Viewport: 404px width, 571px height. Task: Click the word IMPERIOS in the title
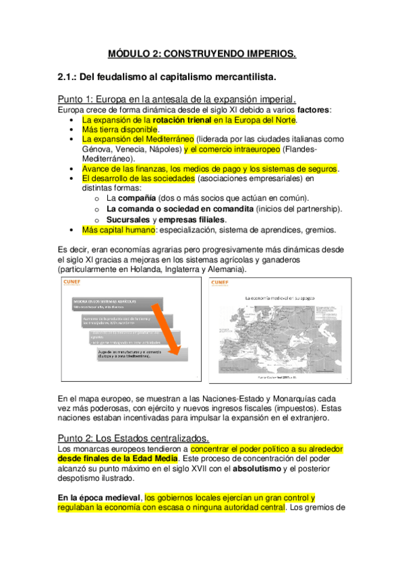coord(265,53)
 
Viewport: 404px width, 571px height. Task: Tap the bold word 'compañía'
coord(138,199)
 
